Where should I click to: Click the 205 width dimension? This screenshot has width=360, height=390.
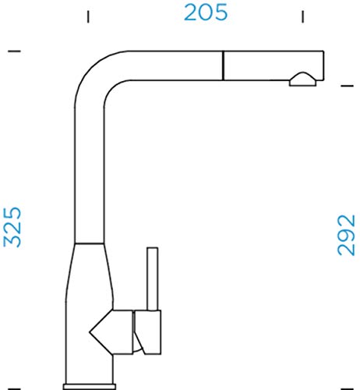coord(206,12)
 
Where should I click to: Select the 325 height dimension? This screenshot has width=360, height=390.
coord(12,227)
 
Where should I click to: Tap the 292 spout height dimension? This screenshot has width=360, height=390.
coord(346,235)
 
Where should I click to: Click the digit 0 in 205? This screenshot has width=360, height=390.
coord(206,12)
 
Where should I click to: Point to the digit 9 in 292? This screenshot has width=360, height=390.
coord(346,235)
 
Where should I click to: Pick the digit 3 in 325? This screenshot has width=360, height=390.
coord(12,241)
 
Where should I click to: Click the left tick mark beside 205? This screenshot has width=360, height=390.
coord(88,16)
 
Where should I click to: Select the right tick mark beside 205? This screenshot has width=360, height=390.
coord(302,16)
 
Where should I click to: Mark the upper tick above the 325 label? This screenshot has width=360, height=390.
coord(14,51)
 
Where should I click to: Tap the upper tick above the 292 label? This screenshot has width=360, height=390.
coord(348,86)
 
